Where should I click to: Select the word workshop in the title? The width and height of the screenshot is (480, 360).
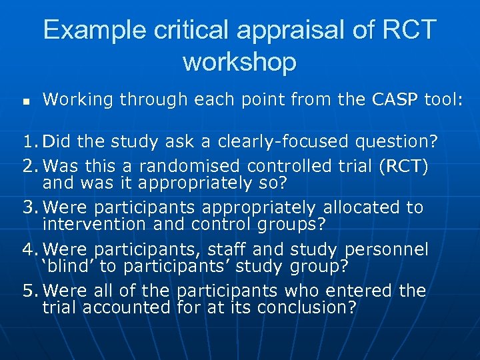pos(239,62)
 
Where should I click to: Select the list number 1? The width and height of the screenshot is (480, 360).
pos(26,141)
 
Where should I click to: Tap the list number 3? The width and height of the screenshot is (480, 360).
pos(26,207)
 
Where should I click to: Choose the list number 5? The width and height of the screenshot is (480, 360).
pos(26,291)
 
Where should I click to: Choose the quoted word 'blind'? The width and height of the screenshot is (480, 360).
pos(68,267)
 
